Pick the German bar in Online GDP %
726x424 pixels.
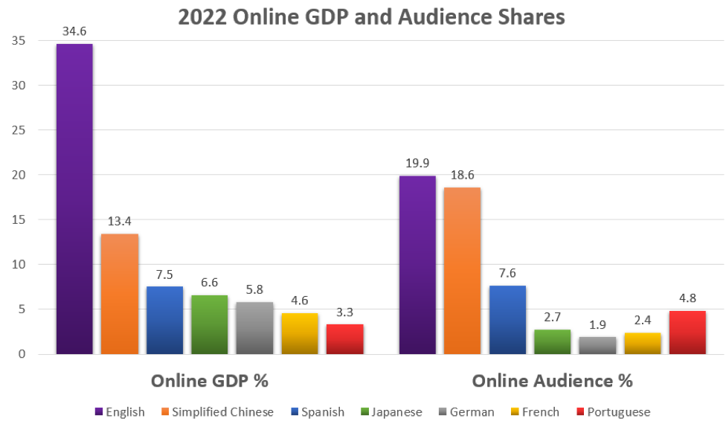pos(254,327)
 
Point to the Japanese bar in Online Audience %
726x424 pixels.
pos(552,341)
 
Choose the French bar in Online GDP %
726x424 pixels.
pos(300,333)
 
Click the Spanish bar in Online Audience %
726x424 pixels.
pos(507,319)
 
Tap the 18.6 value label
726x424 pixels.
pos(462,176)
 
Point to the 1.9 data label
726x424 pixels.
pos(597,326)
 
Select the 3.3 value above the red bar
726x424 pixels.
pos(345,313)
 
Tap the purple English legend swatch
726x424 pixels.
pos(99,412)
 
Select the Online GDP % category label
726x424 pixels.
pos(209,381)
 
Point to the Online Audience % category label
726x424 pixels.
pos(552,381)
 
